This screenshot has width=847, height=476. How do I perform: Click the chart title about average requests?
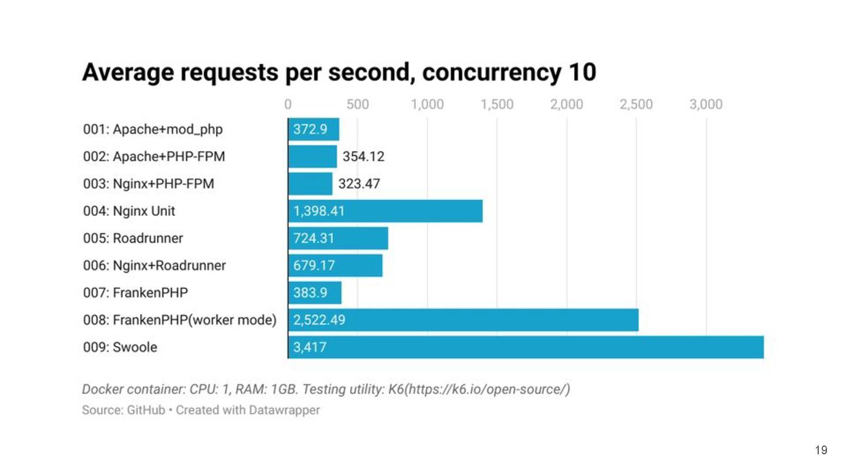(339, 72)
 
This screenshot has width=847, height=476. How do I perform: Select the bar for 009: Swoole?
(525, 347)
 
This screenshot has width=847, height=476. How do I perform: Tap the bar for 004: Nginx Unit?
(385, 211)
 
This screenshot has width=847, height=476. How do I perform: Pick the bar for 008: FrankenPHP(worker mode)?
(463, 320)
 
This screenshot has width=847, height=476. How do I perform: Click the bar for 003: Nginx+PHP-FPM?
(310, 184)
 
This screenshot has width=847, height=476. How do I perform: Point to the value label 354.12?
(364, 157)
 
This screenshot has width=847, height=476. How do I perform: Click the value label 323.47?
(359, 184)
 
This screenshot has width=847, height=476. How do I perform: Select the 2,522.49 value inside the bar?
(319, 320)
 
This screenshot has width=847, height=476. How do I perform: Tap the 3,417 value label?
(309, 347)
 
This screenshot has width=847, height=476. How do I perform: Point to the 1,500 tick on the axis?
(496, 105)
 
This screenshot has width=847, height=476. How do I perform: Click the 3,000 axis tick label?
(706, 105)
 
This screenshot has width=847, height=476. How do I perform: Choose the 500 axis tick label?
(358, 105)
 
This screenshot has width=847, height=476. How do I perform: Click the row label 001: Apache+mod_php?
(153, 129)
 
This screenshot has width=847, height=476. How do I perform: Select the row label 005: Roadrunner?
(133, 238)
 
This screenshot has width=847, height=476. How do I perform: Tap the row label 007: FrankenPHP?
(135, 292)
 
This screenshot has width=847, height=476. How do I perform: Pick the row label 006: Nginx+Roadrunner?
(154, 265)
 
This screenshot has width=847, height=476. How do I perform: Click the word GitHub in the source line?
(146, 410)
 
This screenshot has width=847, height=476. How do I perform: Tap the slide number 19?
(821, 450)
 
